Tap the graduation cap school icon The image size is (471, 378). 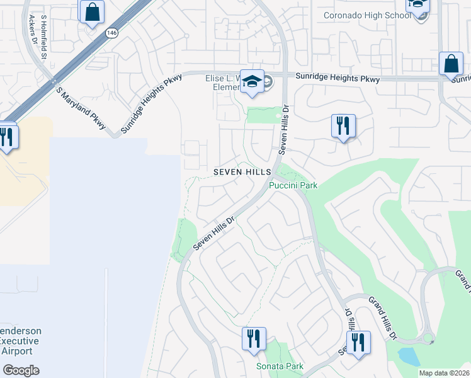252,81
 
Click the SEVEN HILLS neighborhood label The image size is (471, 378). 242,171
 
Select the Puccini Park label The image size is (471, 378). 293,185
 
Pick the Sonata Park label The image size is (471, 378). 280,366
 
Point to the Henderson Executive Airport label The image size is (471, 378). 21,341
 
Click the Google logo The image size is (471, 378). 21,370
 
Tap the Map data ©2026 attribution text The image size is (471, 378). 443,373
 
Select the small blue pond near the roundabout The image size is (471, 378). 409,356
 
